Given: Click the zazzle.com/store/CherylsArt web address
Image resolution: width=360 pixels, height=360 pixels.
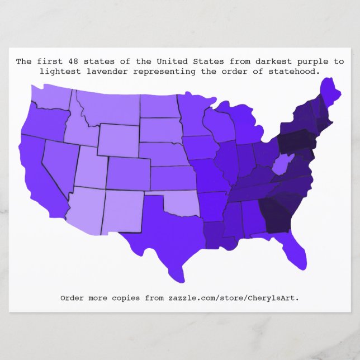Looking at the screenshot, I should pyautogui.click(x=234, y=298).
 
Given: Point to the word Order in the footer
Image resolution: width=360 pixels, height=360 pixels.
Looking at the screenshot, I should pyautogui.click(x=72, y=298).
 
